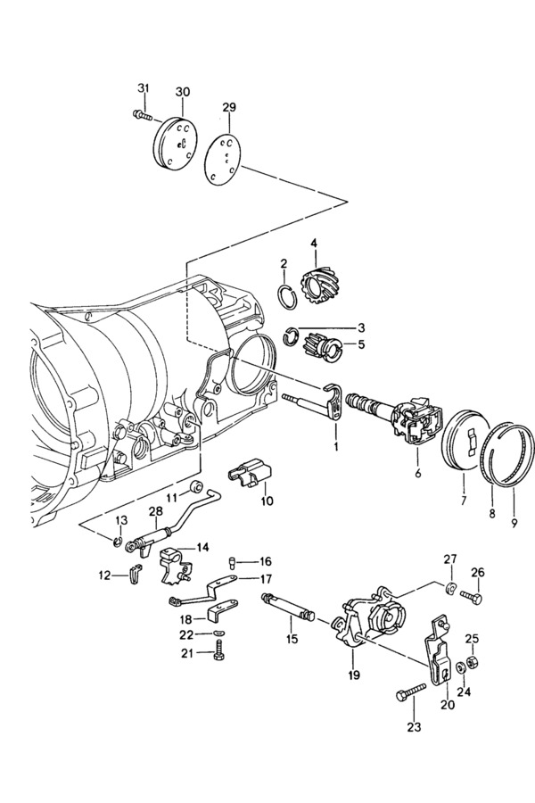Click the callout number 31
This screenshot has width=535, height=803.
144,88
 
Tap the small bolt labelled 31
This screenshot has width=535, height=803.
143,114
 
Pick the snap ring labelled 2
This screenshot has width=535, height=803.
288,296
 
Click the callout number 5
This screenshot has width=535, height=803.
361,344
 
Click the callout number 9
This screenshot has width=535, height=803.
514,522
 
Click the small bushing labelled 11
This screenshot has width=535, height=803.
196,485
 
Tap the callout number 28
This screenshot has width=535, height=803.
156,511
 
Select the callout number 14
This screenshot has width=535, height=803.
202,548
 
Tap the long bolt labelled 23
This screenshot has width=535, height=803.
412,691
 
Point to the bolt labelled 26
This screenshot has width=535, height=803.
471,596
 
